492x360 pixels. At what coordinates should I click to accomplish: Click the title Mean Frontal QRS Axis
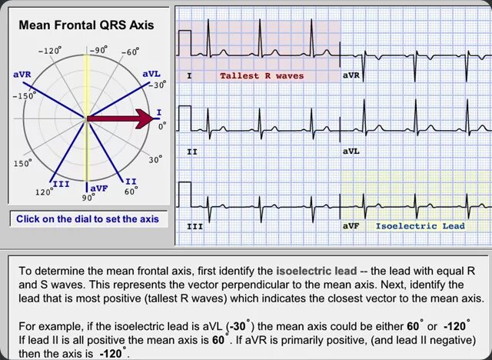[x=86, y=25]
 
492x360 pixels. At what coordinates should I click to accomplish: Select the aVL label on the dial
[x=151, y=74]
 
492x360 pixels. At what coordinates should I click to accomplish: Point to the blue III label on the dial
[x=60, y=184]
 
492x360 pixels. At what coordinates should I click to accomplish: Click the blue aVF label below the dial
[x=99, y=188]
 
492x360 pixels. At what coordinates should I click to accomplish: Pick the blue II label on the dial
[x=131, y=181]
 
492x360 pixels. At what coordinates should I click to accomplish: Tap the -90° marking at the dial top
[x=98, y=51]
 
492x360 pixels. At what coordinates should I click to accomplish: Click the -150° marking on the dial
[x=26, y=97]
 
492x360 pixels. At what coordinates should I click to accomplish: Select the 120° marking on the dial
[x=43, y=192]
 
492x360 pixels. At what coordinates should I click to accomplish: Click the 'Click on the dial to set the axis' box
[x=87, y=219]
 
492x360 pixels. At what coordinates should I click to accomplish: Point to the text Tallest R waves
[x=261, y=76]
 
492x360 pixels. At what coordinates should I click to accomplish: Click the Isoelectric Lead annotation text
[x=420, y=226]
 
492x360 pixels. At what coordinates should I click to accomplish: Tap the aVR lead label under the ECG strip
[x=351, y=76]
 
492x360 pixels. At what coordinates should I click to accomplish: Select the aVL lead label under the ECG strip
[x=351, y=152]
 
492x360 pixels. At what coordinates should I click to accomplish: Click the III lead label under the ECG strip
[x=194, y=227]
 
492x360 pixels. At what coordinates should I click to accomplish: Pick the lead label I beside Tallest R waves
[x=189, y=76]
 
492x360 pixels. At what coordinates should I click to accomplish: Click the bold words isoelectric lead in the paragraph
[x=316, y=272]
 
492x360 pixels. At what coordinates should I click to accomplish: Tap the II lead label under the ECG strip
[x=192, y=152]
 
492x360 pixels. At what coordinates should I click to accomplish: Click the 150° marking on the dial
[x=23, y=163]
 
